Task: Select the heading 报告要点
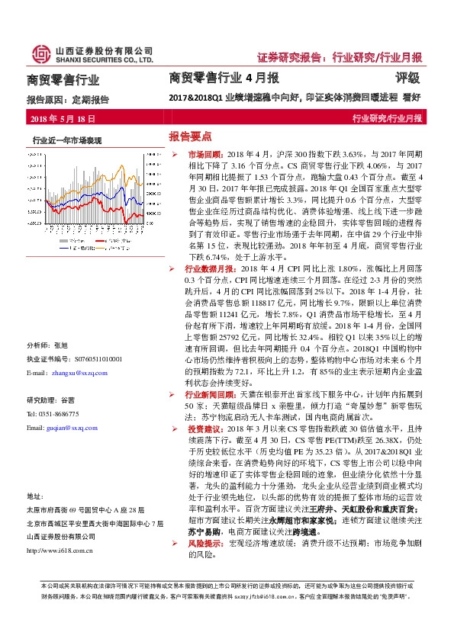coord(189,136)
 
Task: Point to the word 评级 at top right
coord(408,78)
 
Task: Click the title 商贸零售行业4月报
coord(224,78)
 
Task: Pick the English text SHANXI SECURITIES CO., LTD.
coord(103,59)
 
